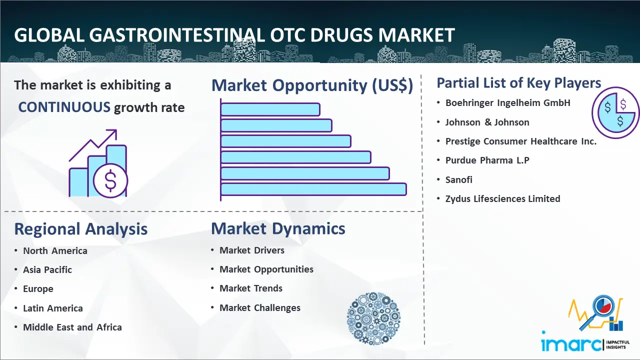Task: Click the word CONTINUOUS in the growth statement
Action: click(64, 107)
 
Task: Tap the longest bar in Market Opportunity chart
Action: click(313, 189)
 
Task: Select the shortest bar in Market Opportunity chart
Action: click(270, 109)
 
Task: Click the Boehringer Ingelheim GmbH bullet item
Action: click(507, 103)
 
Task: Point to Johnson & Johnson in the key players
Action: click(487, 122)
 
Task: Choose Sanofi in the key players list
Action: click(459, 179)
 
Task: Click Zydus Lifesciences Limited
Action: click(502, 199)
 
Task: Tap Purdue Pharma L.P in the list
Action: click(487, 160)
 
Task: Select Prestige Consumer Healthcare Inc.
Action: click(521, 141)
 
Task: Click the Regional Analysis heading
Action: click(81, 229)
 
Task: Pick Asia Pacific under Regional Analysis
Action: click(47, 269)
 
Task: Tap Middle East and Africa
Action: click(72, 327)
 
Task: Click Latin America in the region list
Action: click(53, 308)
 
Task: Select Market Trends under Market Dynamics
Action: click(251, 288)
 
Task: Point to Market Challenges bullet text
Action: click(259, 307)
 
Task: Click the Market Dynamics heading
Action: click(278, 228)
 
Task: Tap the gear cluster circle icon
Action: click(373, 318)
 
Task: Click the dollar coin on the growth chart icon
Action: click(110, 180)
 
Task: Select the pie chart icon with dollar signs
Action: click(615, 112)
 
